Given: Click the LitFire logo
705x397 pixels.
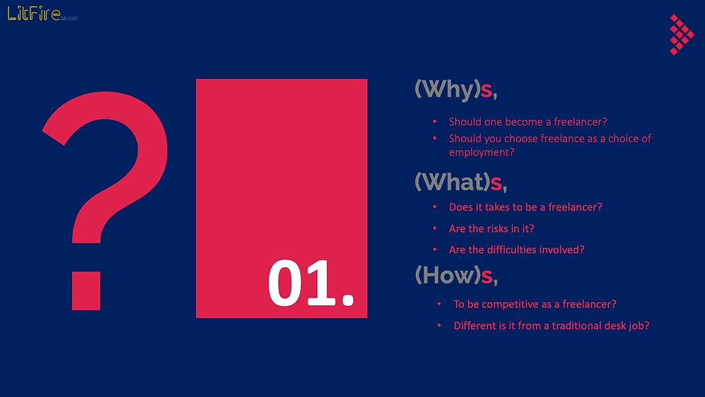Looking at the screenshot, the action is tap(42, 13).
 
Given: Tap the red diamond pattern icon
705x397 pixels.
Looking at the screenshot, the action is tap(682, 35).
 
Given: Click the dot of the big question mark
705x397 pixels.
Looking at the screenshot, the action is tap(86, 291).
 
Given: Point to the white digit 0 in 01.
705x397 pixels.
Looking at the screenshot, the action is tap(286, 283).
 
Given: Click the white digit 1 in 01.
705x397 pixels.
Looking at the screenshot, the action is tap(321, 283).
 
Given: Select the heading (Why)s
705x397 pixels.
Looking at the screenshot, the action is tap(455, 89).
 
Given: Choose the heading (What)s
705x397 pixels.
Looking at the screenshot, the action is tap(461, 182).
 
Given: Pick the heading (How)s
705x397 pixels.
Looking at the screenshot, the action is tap(456, 275).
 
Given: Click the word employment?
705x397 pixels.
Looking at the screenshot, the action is tap(482, 152).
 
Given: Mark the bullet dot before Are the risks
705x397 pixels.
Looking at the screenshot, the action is tap(435, 228).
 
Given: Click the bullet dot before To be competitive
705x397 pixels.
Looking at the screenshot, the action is tap(439, 304).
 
